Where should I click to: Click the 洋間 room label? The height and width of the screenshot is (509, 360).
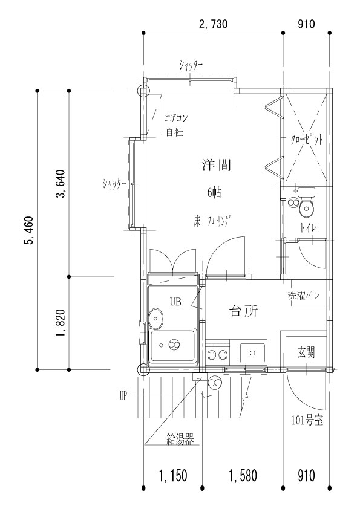click(217, 165)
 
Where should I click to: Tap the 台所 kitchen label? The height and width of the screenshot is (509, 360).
click(244, 311)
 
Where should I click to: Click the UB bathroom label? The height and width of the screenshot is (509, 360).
click(175, 302)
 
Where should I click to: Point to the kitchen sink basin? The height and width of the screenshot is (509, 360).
click(252, 353)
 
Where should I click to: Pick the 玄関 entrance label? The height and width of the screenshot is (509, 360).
click(306, 352)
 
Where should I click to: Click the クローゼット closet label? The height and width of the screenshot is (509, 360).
click(307, 140)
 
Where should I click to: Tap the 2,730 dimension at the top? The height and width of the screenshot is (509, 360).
click(213, 24)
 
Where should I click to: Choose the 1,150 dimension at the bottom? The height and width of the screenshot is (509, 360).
click(173, 476)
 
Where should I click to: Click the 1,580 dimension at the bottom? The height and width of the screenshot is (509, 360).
click(243, 476)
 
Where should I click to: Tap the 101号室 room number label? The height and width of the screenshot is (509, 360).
click(307, 421)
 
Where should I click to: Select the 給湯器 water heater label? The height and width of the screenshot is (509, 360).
click(180, 440)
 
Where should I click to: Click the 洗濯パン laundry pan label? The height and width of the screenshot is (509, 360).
click(304, 296)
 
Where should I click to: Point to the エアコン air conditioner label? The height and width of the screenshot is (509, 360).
click(177, 118)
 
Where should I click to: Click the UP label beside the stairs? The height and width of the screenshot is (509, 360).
click(123, 396)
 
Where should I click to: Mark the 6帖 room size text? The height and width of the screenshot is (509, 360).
click(214, 193)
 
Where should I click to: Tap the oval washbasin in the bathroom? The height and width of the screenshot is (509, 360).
click(156, 318)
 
